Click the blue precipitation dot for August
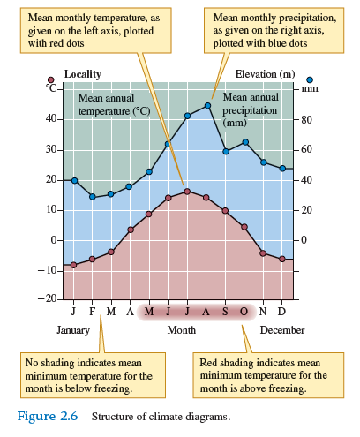click(207, 106)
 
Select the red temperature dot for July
click(187, 191)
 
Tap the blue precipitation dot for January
click(74, 181)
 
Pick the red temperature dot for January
click(74, 264)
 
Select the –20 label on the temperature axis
click(46, 300)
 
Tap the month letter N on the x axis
click(263, 312)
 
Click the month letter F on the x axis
click(93, 312)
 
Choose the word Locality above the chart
click(83, 74)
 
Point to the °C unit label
click(52, 87)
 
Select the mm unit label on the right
click(309, 88)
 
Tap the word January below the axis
click(74, 330)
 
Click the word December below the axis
click(281, 330)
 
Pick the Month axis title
click(181, 330)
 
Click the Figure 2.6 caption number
click(45, 416)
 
